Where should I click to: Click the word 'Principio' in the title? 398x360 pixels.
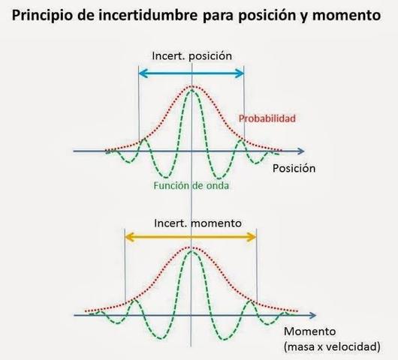click(44, 15)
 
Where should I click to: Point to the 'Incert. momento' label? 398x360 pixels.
click(192, 223)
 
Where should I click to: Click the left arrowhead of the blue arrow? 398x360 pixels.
click(143, 73)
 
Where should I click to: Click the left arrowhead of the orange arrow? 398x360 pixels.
click(128, 237)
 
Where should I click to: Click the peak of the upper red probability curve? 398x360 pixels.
click(192, 87)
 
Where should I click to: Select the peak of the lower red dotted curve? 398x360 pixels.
click(191, 247)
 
